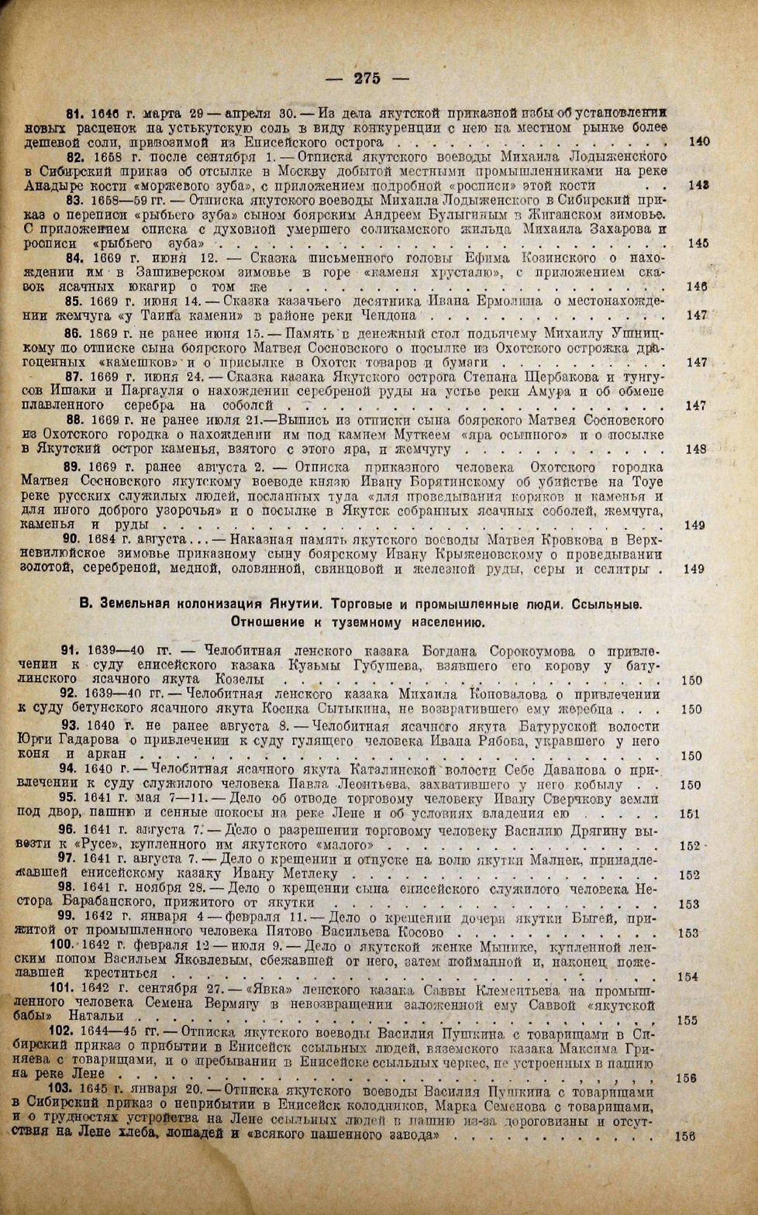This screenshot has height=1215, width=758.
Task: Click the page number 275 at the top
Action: click(367, 78)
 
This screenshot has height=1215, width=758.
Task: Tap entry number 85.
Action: click(74, 301)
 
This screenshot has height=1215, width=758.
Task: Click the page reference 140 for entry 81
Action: click(698, 142)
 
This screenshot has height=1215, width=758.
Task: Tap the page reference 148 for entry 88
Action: click(696, 449)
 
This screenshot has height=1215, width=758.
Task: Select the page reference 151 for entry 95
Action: click(689, 814)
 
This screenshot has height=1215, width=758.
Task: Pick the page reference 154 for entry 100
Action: click(687, 976)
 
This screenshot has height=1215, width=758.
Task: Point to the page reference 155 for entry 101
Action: click(687, 1021)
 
